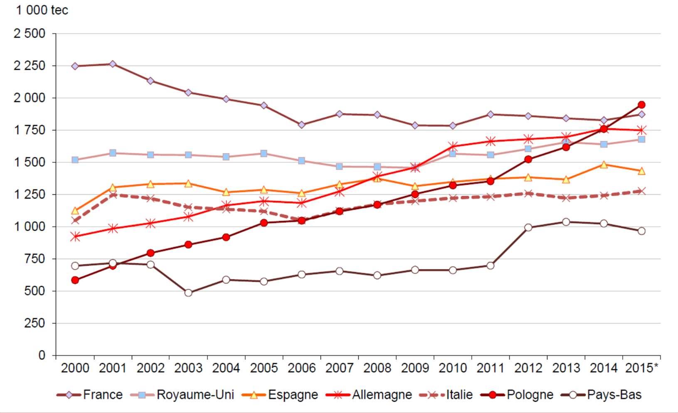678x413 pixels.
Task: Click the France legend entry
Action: pyautogui.click(x=90, y=395)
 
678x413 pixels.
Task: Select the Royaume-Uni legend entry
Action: pyautogui.click(x=182, y=395)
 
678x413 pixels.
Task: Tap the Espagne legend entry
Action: pyautogui.click(x=280, y=395)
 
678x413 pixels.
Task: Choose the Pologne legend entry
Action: pyautogui.click(x=517, y=395)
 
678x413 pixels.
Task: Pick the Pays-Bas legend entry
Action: pyautogui.click(x=601, y=395)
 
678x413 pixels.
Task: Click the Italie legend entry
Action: pyautogui.click(x=446, y=395)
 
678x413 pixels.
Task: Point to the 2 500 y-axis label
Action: pyautogui.click(x=30, y=34)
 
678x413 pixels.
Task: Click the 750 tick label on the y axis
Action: pyautogui.click(x=35, y=259)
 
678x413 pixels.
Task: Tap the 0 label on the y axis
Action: pyautogui.click(x=42, y=355)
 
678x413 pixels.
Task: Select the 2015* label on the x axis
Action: pyautogui.click(x=642, y=368)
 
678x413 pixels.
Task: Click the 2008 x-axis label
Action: pyautogui.click(x=377, y=368)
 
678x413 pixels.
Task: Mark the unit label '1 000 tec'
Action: pyautogui.click(x=42, y=10)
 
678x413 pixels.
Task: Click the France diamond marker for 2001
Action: pyautogui.click(x=113, y=64)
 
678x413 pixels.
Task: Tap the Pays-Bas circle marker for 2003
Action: pyautogui.click(x=188, y=293)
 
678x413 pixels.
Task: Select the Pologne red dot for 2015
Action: pyautogui.click(x=641, y=105)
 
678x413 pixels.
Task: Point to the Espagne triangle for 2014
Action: pyautogui.click(x=604, y=165)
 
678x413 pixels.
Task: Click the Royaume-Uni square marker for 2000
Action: pyautogui.click(x=75, y=160)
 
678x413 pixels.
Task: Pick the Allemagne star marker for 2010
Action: pyautogui.click(x=453, y=147)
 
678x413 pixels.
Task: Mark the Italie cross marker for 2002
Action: pyautogui.click(x=150, y=199)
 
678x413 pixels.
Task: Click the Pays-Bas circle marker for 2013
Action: pyautogui.click(x=566, y=222)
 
